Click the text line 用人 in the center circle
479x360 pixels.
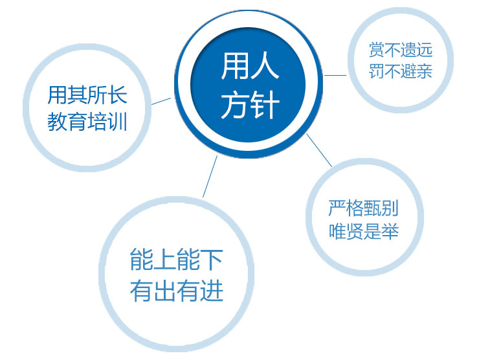(250, 66)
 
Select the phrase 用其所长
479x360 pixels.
(87, 95)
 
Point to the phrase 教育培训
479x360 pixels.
(87, 121)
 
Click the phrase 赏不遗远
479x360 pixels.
(401, 50)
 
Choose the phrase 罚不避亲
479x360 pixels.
(401, 71)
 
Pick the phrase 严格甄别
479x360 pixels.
(364, 208)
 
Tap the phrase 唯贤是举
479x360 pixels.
(364, 231)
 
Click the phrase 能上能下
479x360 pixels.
(176, 259)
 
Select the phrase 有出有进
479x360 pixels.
(176, 290)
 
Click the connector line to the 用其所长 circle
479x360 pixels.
(161, 101)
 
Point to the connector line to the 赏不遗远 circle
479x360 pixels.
(335, 75)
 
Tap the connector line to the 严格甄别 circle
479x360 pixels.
(319, 150)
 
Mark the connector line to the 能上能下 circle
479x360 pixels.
(210, 176)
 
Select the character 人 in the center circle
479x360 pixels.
(265, 66)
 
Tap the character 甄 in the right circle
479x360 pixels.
(372, 208)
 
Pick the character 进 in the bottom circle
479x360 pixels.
(212, 290)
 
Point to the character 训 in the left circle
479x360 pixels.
(117, 121)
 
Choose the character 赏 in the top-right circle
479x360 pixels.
(377, 50)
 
